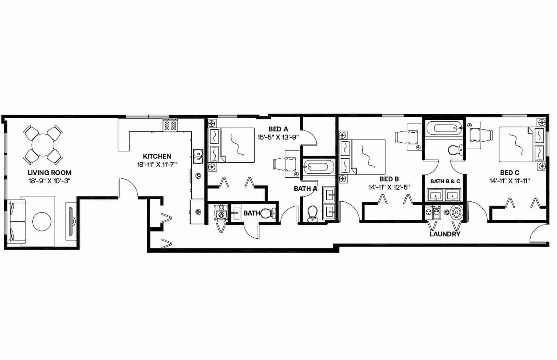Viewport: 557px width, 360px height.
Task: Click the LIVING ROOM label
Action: click(x=50, y=173)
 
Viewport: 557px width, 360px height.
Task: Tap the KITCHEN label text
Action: click(x=157, y=157)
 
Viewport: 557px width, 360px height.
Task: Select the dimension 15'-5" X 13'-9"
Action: click(x=278, y=137)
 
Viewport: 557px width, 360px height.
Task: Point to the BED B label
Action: click(x=389, y=179)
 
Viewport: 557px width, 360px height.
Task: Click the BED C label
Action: click(x=510, y=173)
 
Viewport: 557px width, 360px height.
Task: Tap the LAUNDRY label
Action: click(x=445, y=234)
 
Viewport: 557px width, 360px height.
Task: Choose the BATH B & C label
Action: click(x=445, y=181)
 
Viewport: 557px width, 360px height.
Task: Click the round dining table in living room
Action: click(x=43, y=145)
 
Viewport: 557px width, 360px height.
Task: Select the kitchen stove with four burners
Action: click(x=170, y=125)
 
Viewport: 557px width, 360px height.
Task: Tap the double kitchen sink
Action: click(x=198, y=156)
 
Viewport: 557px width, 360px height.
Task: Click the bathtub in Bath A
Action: click(x=319, y=166)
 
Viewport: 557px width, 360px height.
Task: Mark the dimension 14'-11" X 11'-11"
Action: click(x=510, y=181)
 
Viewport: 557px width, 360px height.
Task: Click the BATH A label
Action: click(x=305, y=189)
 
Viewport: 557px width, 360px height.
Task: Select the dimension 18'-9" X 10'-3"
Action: click(x=50, y=181)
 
